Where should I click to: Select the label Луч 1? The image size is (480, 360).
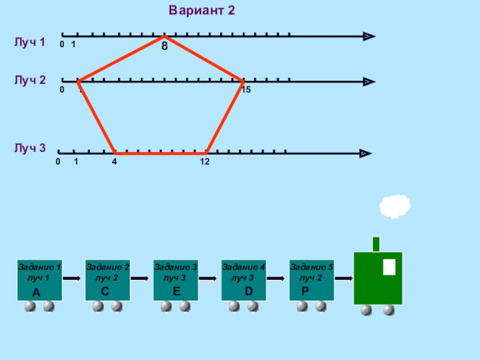(x=30, y=42)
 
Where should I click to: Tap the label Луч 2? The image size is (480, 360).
(x=30, y=80)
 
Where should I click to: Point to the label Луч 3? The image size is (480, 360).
(x=30, y=148)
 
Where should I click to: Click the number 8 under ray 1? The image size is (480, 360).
(x=164, y=45)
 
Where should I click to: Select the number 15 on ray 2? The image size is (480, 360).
(x=246, y=90)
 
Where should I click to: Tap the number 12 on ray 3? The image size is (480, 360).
(x=205, y=162)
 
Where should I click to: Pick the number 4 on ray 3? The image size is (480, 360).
(x=114, y=162)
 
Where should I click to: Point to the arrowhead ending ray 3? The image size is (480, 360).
(x=364, y=154)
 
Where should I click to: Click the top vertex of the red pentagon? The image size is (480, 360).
(x=163, y=37)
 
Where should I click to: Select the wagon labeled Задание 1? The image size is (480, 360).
(x=40, y=280)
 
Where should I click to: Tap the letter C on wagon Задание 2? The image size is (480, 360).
(x=104, y=292)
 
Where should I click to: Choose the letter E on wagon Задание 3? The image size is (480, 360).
(x=176, y=292)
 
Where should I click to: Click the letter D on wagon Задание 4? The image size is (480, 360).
(x=248, y=292)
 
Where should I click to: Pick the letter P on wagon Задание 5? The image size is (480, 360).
(x=305, y=292)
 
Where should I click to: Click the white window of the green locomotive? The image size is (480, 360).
(x=389, y=266)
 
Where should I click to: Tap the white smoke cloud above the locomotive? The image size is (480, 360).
(x=395, y=206)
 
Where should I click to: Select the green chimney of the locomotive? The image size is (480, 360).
(x=376, y=244)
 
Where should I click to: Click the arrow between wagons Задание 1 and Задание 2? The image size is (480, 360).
(x=73, y=278)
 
